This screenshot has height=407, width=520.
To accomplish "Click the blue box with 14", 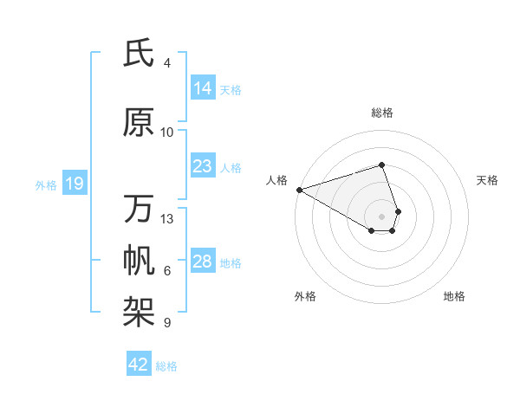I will [x=202, y=88].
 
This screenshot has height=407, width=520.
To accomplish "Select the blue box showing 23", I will [x=202, y=166].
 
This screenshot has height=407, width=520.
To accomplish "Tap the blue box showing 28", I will [x=202, y=262].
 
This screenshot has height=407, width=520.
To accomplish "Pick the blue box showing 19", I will [x=74, y=184].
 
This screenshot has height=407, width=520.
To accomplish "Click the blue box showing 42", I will [x=139, y=365].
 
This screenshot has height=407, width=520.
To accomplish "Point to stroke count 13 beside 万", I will [x=167, y=218].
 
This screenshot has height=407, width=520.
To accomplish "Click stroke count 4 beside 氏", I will [x=167, y=63].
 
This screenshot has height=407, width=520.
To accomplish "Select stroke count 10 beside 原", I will [x=167, y=132].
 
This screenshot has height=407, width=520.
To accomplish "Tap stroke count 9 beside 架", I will [x=167, y=323].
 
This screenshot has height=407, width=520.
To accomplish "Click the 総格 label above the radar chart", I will [x=381, y=113].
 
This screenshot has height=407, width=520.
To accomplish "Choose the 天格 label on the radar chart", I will [x=487, y=180].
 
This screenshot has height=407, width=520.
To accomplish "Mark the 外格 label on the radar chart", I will [x=305, y=296].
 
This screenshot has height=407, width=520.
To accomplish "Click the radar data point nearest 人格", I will [x=299, y=189].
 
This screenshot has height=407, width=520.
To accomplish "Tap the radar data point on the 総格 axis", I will [x=381, y=165].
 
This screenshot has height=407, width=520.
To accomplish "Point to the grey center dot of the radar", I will [x=381, y=216].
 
